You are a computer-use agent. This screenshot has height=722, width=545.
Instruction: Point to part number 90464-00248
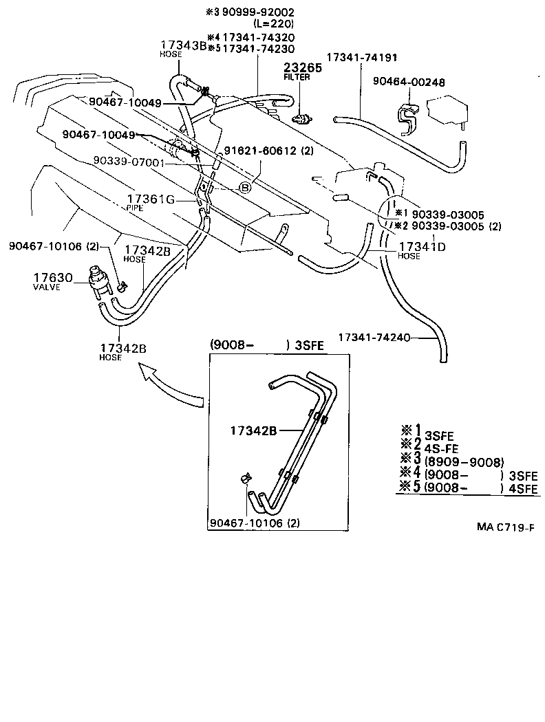[x=409, y=83]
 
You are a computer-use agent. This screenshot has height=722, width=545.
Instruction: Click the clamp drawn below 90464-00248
[x=409, y=118]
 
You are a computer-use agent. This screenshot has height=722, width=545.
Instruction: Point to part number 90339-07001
[x=129, y=161]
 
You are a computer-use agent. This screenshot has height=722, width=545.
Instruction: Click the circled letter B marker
[x=244, y=186]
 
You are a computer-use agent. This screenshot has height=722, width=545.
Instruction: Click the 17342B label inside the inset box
[x=253, y=431]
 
